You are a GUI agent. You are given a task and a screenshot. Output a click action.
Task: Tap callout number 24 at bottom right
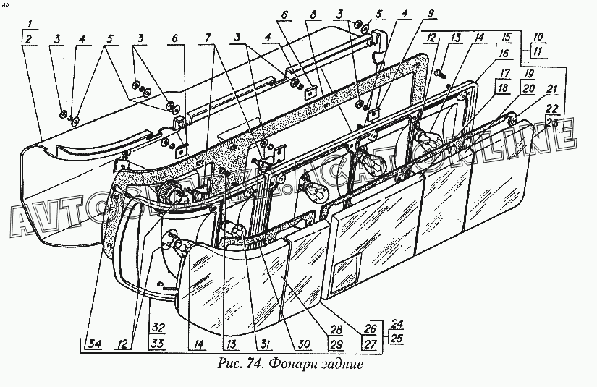[396, 323]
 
